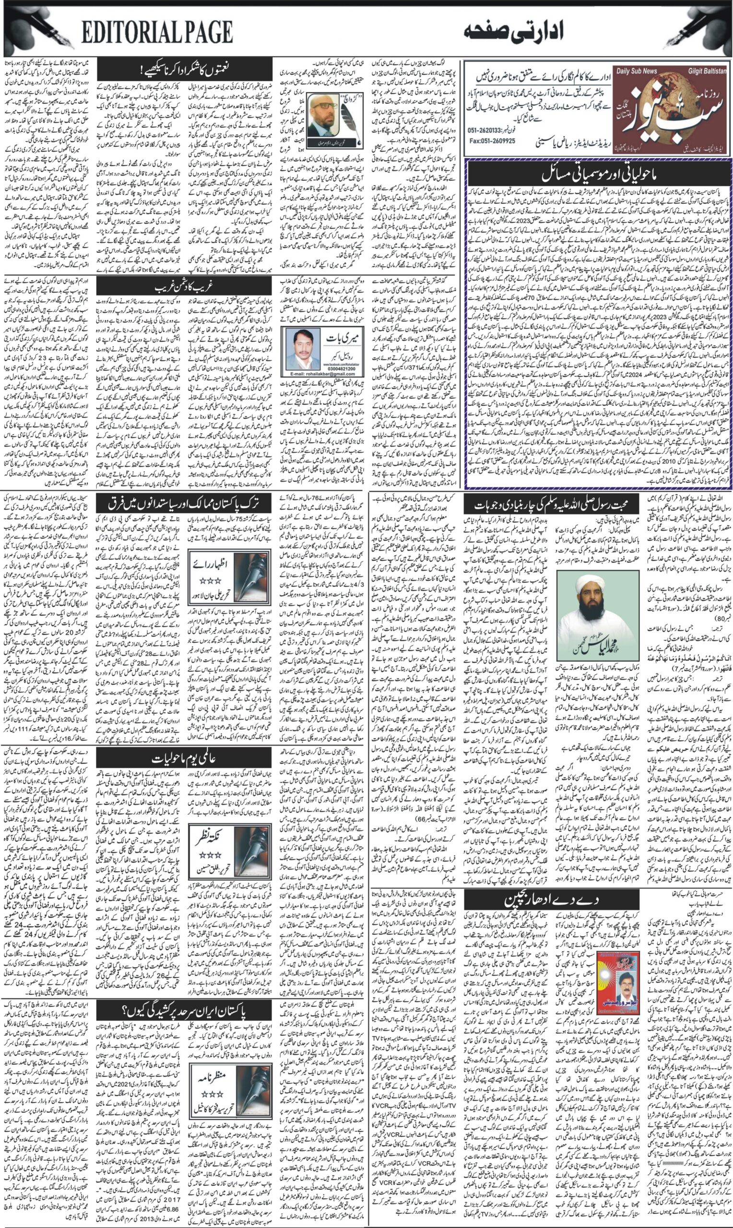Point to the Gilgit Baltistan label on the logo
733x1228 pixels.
coord(707,71)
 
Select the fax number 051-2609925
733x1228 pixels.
coord(492,141)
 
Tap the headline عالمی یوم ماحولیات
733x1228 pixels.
coord(184,758)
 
